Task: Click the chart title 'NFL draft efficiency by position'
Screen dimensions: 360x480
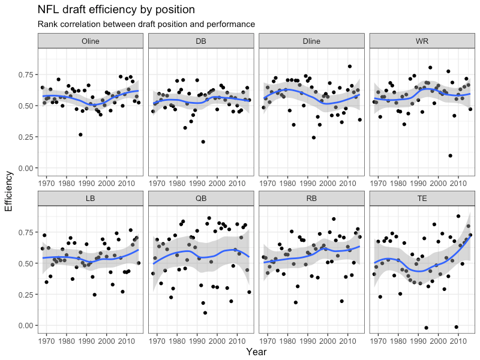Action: (116, 10)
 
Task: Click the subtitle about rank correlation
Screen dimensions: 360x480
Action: (146, 25)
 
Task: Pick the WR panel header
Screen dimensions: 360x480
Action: (422, 41)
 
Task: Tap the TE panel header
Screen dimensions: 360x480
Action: (422, 198)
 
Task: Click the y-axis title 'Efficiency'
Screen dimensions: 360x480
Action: (8, 191)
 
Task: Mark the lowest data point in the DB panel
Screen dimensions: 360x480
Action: (203, 142)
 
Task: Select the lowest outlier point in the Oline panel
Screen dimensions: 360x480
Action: (80, 134)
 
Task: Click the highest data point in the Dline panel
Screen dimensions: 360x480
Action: (350, 66)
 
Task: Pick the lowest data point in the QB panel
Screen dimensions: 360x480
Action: (205, 313)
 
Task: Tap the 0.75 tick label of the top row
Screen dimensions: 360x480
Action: (25, 74)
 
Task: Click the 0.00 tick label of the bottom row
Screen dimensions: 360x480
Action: (25, 325)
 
